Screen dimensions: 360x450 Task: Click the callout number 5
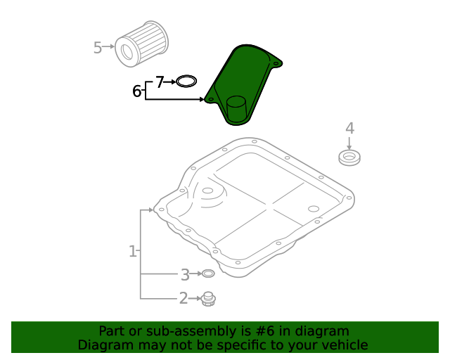[98, 48]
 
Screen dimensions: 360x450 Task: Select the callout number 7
[160, 82]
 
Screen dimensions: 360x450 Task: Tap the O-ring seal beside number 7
[186, 82]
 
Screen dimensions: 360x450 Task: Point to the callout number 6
[137, 91]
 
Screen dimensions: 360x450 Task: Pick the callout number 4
[349, 128]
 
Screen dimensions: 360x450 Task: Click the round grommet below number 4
[349, 157]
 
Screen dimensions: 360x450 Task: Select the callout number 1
[132, 251]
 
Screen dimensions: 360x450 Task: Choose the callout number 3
[185, 274]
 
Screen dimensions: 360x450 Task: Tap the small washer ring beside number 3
[208, 274]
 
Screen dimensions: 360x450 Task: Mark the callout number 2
[184, 299]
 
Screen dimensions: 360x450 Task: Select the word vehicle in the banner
[342, 345]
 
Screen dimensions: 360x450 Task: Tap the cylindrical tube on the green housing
[238, 111]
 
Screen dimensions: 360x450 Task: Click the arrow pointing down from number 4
[349, 142]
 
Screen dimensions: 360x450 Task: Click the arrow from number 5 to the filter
[110, 48]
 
